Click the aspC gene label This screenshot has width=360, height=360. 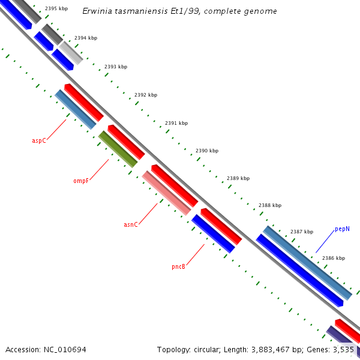[x=38, y=140]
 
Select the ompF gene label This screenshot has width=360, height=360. [x=81, y=180]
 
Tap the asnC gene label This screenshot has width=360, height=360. [x=131, y=224]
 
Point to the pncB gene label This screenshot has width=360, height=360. [x=178, y=266]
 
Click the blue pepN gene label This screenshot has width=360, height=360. [x=342, y=229]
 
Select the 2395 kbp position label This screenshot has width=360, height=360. [x=56, y=9]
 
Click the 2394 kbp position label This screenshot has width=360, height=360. [x=86, y=38]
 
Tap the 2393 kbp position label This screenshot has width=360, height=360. [x=116, y=67]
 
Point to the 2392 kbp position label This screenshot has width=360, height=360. [x=146, y=95]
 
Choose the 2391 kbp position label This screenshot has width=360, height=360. [x=176, y=123]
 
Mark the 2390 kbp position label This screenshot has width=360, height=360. [x=207, y=151]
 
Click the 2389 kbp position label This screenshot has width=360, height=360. [x=238, y=178]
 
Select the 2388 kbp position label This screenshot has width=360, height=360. [x=270, y=205]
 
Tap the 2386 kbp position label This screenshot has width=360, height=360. [x=334, y=258]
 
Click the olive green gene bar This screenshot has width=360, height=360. [x=118, y=149]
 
